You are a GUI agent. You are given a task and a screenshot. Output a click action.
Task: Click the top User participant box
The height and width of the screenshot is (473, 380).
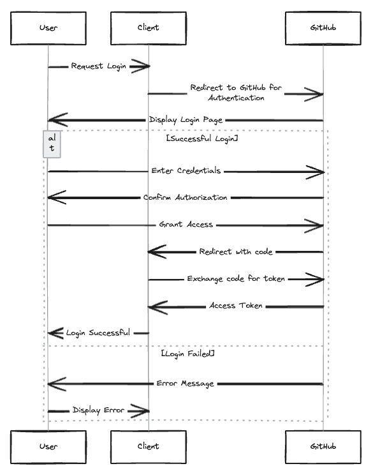pos(48,28)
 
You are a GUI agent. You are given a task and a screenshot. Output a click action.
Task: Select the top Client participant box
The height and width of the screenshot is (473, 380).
pos(149,28)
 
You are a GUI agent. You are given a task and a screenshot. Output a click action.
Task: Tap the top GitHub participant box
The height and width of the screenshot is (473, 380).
pos(323,28)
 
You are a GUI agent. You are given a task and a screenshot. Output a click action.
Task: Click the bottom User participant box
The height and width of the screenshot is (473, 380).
pos(48,447)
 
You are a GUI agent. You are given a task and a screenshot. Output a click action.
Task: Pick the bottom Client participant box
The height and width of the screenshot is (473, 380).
pos(149,447)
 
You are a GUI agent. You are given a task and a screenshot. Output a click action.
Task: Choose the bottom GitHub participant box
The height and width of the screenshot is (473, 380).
pos(323,447)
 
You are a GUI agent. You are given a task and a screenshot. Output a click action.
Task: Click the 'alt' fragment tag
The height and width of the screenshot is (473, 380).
pos(52,144)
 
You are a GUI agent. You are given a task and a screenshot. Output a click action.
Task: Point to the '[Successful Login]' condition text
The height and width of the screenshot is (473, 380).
pos(202,139)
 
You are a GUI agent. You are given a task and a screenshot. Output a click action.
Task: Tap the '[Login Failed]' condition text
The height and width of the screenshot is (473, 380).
pos(187,354)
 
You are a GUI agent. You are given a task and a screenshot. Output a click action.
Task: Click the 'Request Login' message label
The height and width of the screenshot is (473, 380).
pos(99,66)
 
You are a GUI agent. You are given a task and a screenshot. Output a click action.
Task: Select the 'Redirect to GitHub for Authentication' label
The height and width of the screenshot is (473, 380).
pos(236,93)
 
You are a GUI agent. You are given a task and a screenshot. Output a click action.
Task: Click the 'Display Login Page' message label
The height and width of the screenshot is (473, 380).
pos(186,120)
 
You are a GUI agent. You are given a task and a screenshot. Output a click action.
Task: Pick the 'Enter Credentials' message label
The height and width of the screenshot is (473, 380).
pos(186,170)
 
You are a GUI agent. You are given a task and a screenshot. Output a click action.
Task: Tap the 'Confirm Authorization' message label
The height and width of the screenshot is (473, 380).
pos(185,198)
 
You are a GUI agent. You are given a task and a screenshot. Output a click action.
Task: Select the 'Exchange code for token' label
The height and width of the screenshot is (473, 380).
pos(236,279)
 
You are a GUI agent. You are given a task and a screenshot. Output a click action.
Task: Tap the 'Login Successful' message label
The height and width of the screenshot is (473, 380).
pos(98,333)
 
